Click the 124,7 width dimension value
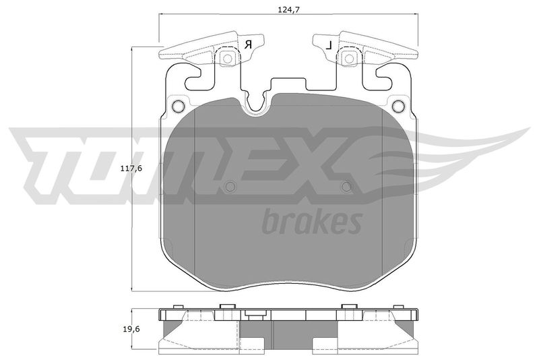pos(288,10)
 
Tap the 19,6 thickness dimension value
pos(131,329)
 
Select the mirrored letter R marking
pos(249,44)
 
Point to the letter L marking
pos(329,44)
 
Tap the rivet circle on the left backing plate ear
pos(179,106)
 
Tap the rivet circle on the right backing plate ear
pos(398,106)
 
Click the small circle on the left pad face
pos(230,187)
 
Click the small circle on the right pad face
pos(347,187)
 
